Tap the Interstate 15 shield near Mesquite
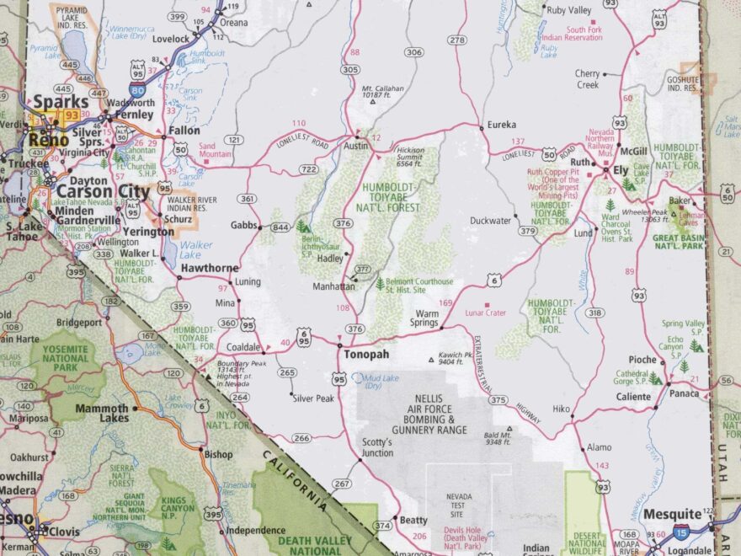pos(680,532)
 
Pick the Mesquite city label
pos(672,513)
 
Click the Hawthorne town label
pos(208,268)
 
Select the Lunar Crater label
pos(485,313)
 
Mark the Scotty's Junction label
pos(376,447)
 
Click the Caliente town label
pos(633,396)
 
